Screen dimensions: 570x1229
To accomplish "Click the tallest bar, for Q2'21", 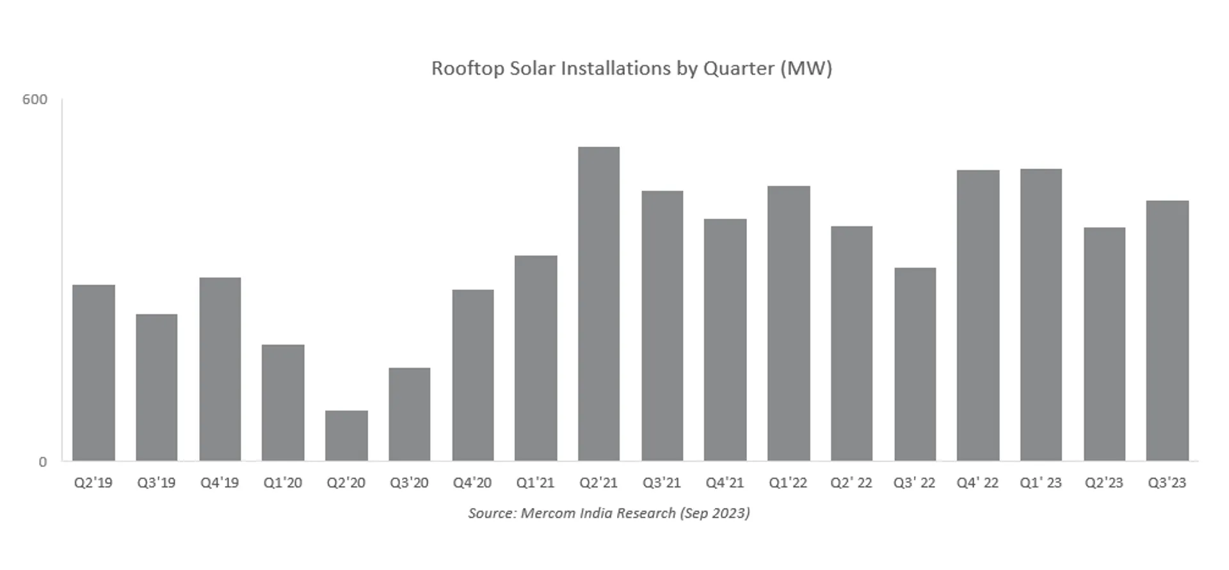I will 598,304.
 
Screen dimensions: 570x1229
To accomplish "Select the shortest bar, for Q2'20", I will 346,436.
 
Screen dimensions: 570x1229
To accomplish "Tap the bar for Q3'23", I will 1167,331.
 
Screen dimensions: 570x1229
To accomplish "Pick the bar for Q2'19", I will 93,372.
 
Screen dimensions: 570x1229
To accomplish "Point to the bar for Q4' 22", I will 977,315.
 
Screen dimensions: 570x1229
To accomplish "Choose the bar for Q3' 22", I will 915,364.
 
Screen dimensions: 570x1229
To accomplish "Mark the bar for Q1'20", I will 283,402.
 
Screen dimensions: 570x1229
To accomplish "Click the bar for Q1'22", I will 789,323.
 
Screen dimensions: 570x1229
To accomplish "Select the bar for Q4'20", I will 472,375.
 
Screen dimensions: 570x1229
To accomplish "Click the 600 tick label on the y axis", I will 35,100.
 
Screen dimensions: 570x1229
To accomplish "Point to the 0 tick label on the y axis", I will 43,462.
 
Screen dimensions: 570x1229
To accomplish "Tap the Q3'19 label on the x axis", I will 156,483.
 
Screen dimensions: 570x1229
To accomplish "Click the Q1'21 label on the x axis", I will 535,483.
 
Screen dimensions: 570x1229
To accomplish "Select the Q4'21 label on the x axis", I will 725,483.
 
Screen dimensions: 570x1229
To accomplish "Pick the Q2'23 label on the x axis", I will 1104,483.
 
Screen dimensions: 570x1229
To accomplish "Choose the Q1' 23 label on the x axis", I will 1040,483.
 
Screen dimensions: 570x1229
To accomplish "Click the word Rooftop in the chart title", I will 467,68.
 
